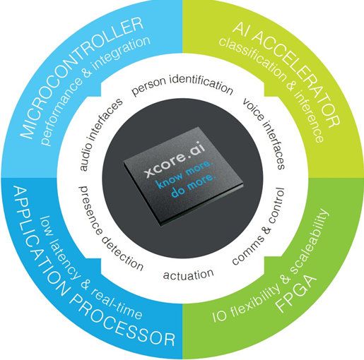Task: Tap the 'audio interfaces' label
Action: point(100,134)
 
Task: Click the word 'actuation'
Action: point(189,275)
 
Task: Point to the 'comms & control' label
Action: point(259,227)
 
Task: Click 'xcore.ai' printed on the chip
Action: point(175,161)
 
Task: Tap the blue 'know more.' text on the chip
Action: point(185,174)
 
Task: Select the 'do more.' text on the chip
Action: point(193,187)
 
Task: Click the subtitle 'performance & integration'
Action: point(94,91)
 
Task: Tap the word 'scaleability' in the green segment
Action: point(309,241)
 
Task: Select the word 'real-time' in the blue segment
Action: point(117,304)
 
